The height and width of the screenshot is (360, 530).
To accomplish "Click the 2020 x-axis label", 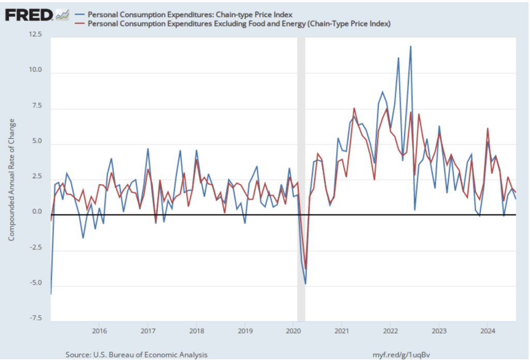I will point(293,330).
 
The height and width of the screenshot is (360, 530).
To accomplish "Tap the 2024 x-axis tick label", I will point(487,330).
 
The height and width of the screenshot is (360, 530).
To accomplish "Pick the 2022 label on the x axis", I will point(390,330).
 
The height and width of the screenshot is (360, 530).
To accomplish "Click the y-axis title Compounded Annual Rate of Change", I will point(11,179).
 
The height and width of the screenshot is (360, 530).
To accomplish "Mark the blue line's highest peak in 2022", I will point(410,46).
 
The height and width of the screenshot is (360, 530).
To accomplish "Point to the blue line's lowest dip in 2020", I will point(305,284).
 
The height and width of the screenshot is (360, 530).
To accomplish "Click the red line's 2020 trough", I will point(306,269).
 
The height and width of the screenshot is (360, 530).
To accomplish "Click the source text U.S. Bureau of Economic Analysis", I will point(137,354).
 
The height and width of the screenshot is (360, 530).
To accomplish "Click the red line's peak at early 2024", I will point(488,128).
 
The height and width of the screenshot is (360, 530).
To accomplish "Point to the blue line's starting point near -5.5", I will point(51,294).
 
